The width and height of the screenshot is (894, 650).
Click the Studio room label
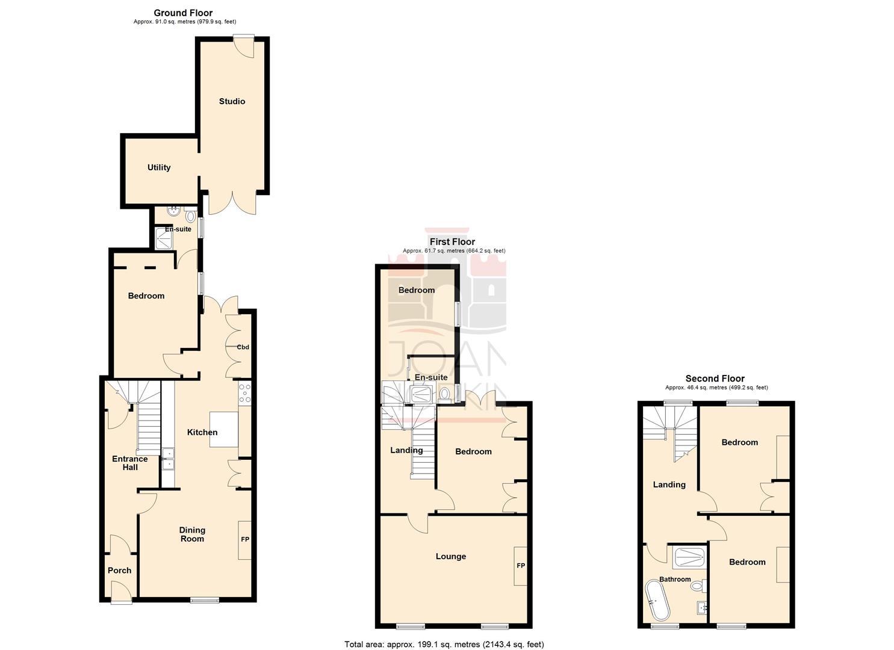click(x=232, y=102)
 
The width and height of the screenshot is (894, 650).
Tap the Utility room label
click(x=159, y=168)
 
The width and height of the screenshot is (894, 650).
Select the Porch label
click(x=119, y=571)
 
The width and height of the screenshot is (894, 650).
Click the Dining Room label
click(x=192, y=534)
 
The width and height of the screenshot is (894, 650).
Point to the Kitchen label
click(x=202, y=432)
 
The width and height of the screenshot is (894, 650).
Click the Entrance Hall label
click(x=130, y=463)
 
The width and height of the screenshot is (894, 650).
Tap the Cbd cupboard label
click(x=243, y=347)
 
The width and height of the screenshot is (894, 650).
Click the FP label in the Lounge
click(x=521, y=566)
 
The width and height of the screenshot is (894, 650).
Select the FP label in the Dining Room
click(x=245, y=540)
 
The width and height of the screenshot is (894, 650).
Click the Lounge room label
click(x=451, y=557)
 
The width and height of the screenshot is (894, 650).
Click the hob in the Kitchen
click(x=244, y=393)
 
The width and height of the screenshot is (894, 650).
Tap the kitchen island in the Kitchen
click(x=223, y=430)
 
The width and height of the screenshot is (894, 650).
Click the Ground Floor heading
click(x=183, y=13)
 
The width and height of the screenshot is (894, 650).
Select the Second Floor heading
click(x=715, y=379)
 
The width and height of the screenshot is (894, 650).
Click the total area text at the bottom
click(x=444, y=645)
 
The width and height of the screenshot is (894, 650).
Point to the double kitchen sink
click(x=169, y=459)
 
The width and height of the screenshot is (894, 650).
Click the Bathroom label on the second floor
click(x=675, y=580)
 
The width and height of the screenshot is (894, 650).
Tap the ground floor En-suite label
click(x=178, y=229)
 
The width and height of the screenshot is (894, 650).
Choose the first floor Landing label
click(x=406, y=450)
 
